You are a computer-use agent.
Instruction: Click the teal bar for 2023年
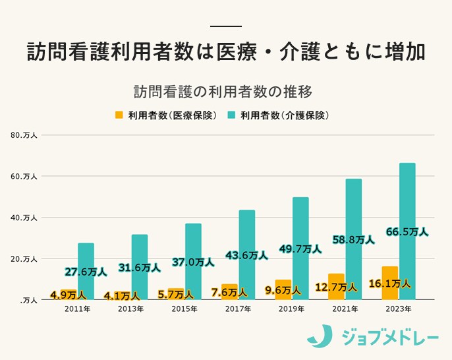(x=407, y=198)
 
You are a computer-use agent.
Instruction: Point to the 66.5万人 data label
(x=407, y=232)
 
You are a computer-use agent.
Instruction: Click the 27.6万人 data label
(x=85, y=272)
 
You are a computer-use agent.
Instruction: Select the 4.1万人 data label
(x=121, y=296)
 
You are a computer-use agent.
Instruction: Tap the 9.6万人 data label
(x=282, y=289)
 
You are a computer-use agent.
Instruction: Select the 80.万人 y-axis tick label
(x=24, y=135)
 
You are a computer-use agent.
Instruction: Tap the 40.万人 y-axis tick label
(x=24, y=218)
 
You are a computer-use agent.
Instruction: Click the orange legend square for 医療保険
(x=119, y=115)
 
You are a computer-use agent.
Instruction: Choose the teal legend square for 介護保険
(x=231, y=115)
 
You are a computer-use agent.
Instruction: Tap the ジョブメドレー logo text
(x=389, y=338)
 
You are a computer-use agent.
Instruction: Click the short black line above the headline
(x=226, y=26)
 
